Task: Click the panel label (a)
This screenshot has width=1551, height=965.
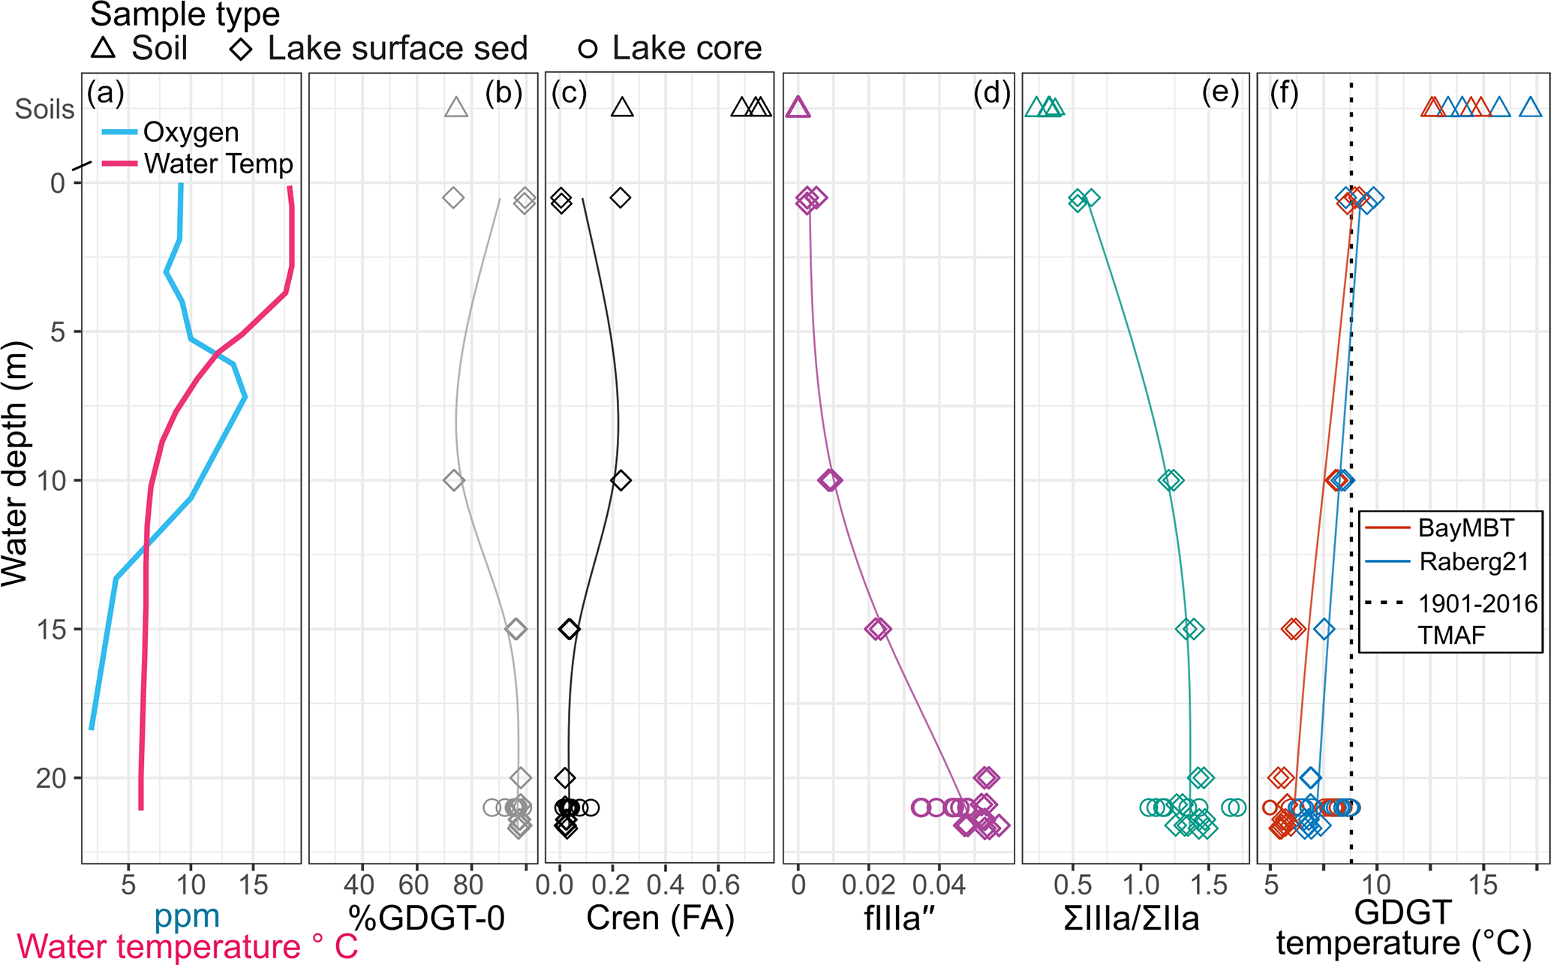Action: coord(105,93)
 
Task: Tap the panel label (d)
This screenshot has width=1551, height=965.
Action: coord(991,93)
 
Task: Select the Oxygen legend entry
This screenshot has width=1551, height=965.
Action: coord(191,132)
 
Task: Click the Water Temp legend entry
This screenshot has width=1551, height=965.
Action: coord(218,164)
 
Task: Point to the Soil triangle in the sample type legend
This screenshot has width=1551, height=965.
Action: coord(104,49)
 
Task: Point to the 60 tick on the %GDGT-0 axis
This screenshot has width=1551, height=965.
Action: coord(413,885)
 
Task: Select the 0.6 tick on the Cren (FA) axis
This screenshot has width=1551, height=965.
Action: coord(721,885)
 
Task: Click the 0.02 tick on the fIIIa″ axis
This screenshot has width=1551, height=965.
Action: coord(869,885)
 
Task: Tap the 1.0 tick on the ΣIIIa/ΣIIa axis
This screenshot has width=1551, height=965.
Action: coord(1141,885)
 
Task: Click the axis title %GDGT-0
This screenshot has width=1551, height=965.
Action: coord(425,918)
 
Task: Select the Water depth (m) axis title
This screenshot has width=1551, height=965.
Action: coord(15,464)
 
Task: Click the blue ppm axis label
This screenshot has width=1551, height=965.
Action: coord(187,916)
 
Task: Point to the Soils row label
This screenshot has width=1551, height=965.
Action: coord(45,110)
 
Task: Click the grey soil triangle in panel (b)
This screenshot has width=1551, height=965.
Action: coord(456,108)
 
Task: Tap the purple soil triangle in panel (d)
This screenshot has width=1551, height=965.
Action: coord(798,108)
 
